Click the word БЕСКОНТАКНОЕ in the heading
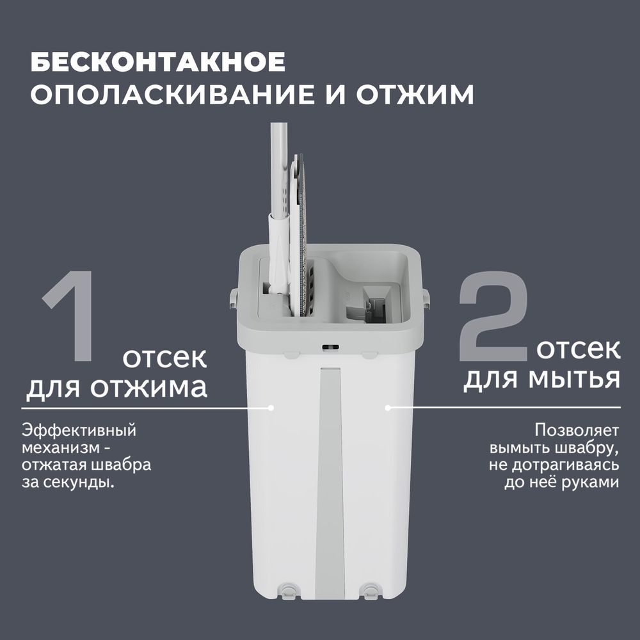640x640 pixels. click(x=157, y=63)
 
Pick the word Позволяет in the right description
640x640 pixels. click(x=577, y=429)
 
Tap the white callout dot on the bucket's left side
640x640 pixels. click(x=271, y=407)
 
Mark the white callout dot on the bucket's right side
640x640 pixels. click(x=387, y=407)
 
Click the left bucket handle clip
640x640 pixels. click(x=234, y=296)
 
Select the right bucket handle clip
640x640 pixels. click(x=426, y=296)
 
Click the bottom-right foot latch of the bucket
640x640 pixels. click(x=369, y=590)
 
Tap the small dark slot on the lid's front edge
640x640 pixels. click(x=330, y=348)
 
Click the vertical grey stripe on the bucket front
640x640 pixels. click(x=330, y=480)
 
